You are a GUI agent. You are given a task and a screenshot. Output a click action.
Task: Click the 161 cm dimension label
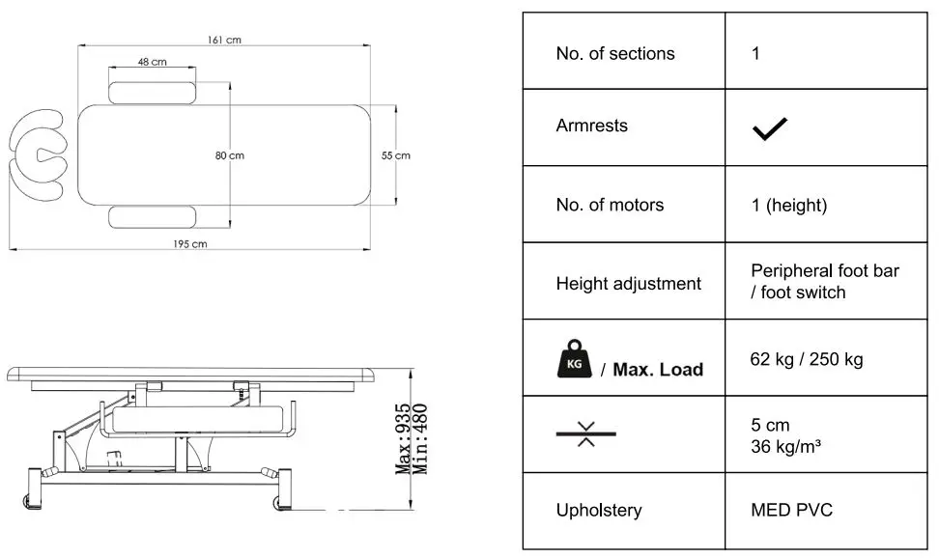point(224,40)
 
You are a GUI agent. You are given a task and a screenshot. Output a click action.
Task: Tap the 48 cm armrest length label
point(152,62)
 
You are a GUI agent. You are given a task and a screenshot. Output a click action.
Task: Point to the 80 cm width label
point(230,155)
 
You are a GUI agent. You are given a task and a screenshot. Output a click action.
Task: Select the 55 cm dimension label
point(396,155)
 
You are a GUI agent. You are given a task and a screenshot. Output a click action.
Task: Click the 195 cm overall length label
point(190,244)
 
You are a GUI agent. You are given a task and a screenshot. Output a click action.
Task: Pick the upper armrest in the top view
point(153,94)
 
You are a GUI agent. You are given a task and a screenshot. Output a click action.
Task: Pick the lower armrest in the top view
point(153,216)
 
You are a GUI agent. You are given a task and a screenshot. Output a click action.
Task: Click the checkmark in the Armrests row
point(769,128)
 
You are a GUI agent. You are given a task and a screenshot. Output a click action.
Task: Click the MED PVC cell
point(792,510)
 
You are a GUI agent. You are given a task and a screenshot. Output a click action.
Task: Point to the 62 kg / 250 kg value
point(806,359)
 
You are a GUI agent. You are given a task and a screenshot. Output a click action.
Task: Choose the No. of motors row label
point(610,205)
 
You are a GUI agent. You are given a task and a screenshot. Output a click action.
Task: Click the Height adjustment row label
point(628,284)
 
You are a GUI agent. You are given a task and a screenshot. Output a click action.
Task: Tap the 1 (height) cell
point(788,205)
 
